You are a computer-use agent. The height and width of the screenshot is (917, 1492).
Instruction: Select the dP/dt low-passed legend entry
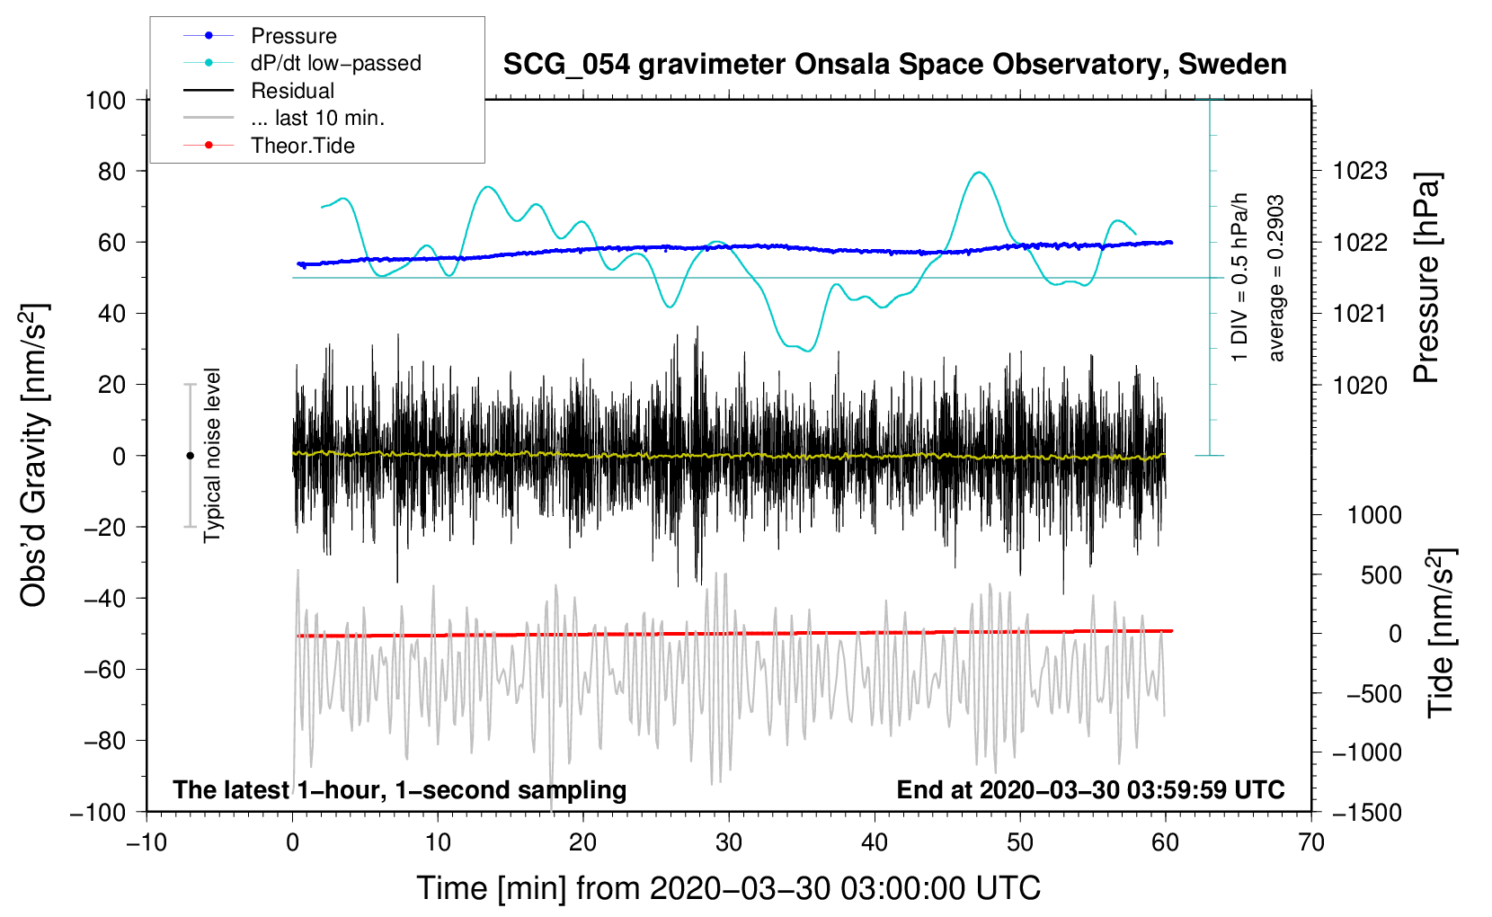pyautogui.click(x=335, y=63)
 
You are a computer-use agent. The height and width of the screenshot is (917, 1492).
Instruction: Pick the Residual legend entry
pyautogui.click(x=292, y=91)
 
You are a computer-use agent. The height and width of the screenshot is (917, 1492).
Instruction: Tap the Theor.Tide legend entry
pyautogui.click(x=302, y=146)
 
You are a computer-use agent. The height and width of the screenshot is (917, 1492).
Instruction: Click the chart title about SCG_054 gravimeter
pyautogui.click(x=894, y=65)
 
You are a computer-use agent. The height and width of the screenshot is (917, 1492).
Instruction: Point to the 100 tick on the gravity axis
pyautogui.click(x=105, y=100)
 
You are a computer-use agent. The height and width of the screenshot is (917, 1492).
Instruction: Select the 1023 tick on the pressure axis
pyautogui.click(x=1360, y=171)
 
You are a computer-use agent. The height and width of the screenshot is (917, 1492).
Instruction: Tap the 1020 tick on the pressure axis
pyautogui.click(x=1360, y=385)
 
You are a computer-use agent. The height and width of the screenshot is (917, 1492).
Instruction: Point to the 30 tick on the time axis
pyautogui.click(x=729, y=842)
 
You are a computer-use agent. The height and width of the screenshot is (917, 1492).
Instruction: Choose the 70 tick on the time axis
pyautogui.click(x=1311, y=842)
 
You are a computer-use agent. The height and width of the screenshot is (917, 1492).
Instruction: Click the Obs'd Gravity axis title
pyautogui.click(x=34, y=455)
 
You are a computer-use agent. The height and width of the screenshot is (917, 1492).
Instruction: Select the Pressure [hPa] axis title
pyautogui.click(x=1426, y=279)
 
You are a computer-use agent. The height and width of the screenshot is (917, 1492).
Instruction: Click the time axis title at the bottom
pyautogui.click(x=729, y=888)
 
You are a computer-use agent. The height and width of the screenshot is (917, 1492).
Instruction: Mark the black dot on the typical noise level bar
pyautogui.click(x=190, y=456)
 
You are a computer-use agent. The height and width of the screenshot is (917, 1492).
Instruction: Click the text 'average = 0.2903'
pyautogui.click(x=1276, y=279)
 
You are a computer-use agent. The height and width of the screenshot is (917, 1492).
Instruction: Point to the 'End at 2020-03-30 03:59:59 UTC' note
pyautogui.click(x=1090, y=789)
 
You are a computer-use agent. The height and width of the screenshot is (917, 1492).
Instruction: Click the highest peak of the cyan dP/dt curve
pyautogui.click(x=979, y=173)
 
